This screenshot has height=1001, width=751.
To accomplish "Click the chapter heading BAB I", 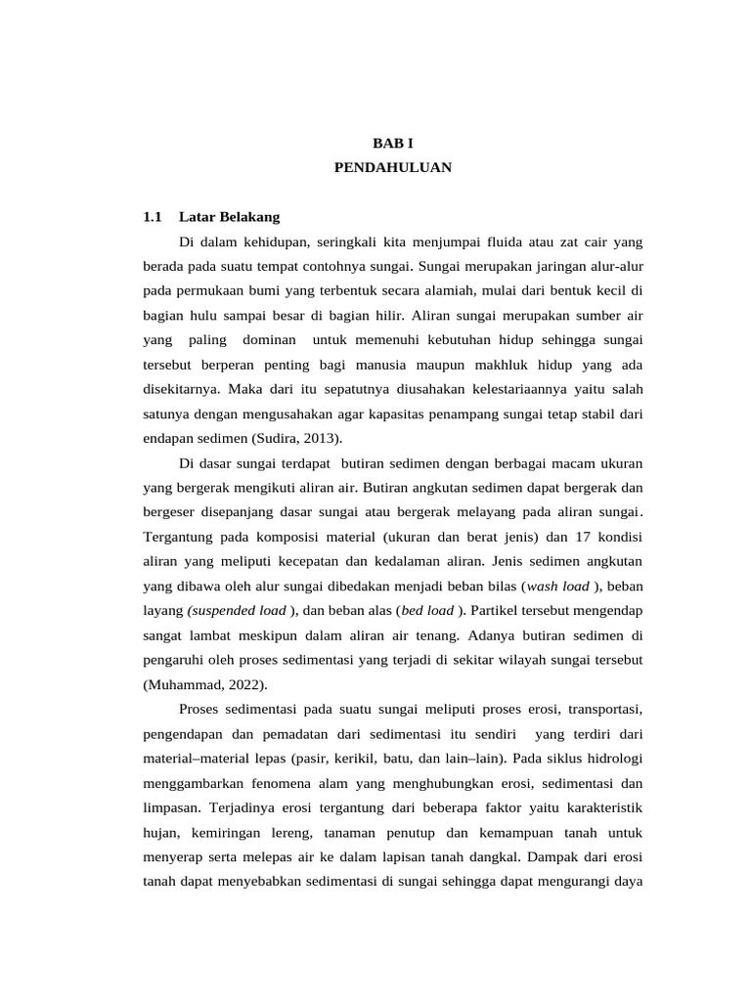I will [x=392, y=143].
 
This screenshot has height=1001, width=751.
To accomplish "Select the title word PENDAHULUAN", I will [x=392, y=168].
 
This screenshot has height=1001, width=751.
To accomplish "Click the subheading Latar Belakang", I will [x=230, y=217].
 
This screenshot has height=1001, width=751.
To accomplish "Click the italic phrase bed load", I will [x=426, y=610].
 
